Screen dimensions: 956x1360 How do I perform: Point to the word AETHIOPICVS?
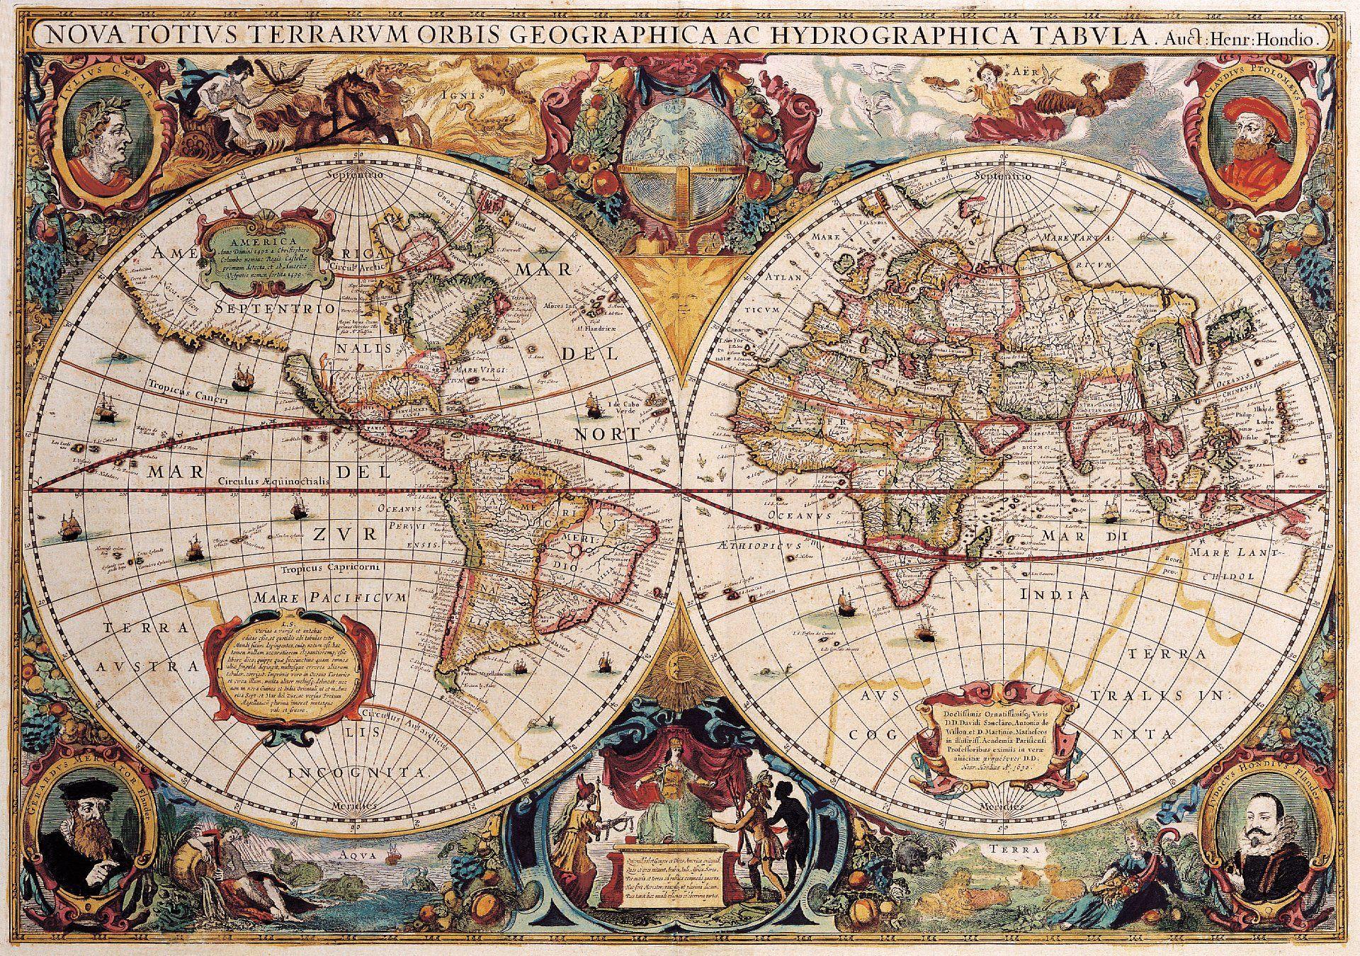pyautogui.click(x=758, y=547)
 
